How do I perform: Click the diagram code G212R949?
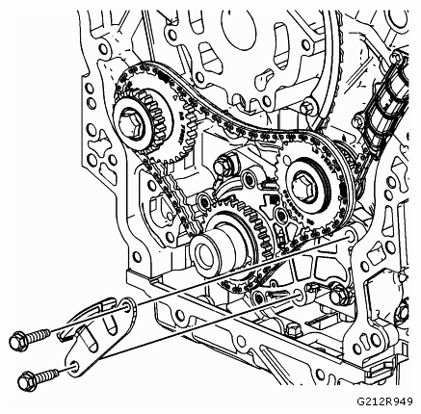[x=384, y=401]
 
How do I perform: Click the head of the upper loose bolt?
[x=17, y=341]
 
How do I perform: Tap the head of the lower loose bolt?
[x=27, y=382]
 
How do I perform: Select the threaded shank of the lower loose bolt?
[x=47, y=375]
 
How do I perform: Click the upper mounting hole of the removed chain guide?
[x=127, y=307]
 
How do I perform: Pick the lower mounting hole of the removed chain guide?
[x=74, y=366]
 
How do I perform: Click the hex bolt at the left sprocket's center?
[x=131, y=123]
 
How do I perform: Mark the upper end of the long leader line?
[x=348, y=237]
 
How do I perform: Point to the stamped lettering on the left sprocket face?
[x=182, y=127]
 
